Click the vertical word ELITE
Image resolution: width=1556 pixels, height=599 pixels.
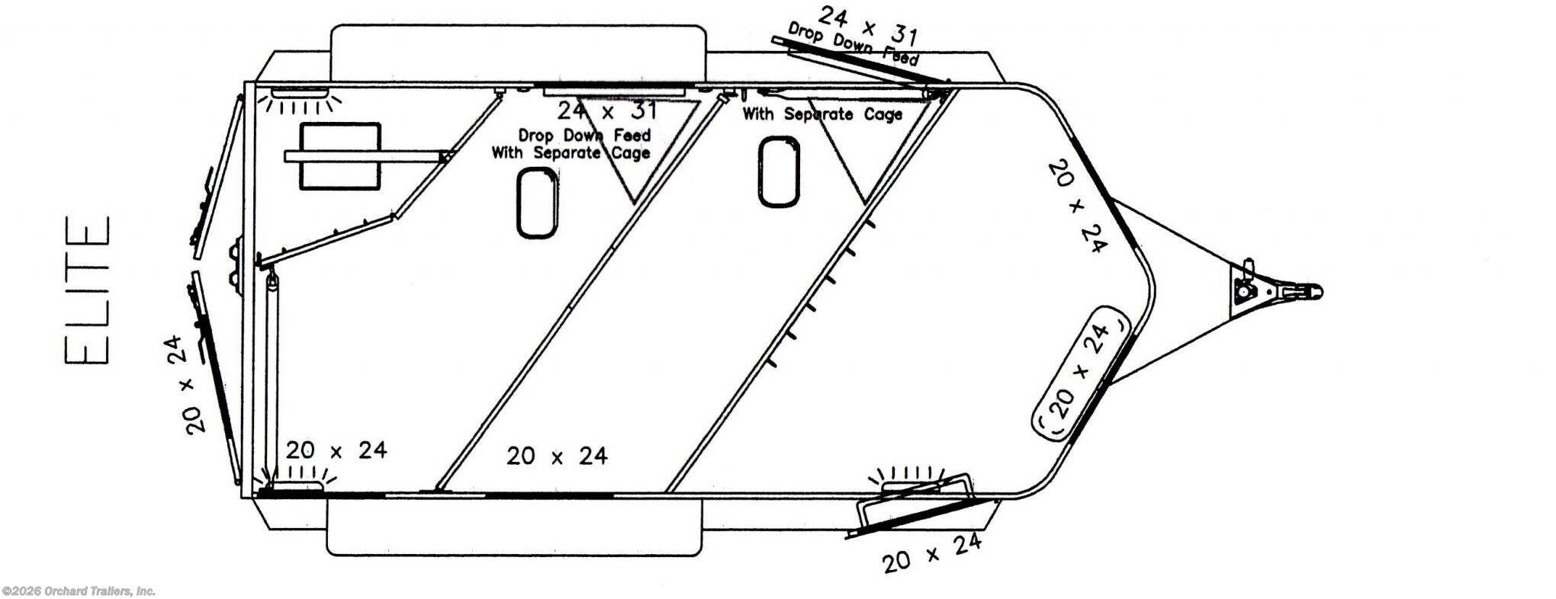coord(88,291)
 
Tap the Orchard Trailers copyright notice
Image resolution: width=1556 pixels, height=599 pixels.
coord(79,591)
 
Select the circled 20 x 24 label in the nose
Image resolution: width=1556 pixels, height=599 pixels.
coord(1080,371)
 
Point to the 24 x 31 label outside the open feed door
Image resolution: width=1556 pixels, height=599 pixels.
coord(867,25)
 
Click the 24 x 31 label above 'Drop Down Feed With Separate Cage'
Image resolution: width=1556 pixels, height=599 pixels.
coord(606,111)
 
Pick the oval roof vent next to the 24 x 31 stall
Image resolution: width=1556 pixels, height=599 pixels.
coord(537,203)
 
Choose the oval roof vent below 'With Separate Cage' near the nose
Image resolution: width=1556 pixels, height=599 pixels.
coord(778,171)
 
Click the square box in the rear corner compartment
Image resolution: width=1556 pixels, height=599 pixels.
coord(339,156)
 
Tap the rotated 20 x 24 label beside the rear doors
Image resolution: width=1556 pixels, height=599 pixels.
coord(185,384)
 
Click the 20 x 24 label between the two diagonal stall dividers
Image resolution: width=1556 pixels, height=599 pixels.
coord(557,456)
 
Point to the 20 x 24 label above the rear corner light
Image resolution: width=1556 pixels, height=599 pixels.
coord(336,450)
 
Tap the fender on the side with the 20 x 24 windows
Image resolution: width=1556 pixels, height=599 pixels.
coord(514,526)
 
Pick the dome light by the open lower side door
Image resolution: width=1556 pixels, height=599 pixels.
coord(912,480)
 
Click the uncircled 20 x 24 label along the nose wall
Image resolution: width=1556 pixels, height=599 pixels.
coord(1077,205)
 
